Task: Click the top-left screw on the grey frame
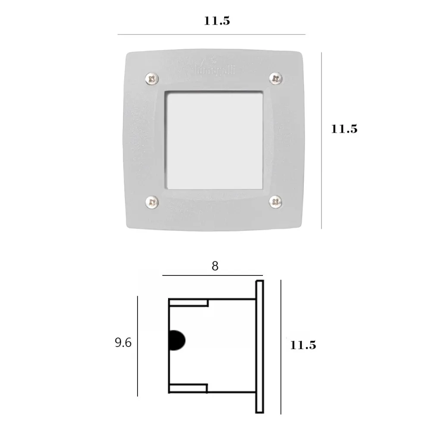151,78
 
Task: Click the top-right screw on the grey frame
275,78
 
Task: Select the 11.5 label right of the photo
344,128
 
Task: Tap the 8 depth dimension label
215,266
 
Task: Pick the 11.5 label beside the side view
303,345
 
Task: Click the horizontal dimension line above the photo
211,34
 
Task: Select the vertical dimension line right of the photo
322,140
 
